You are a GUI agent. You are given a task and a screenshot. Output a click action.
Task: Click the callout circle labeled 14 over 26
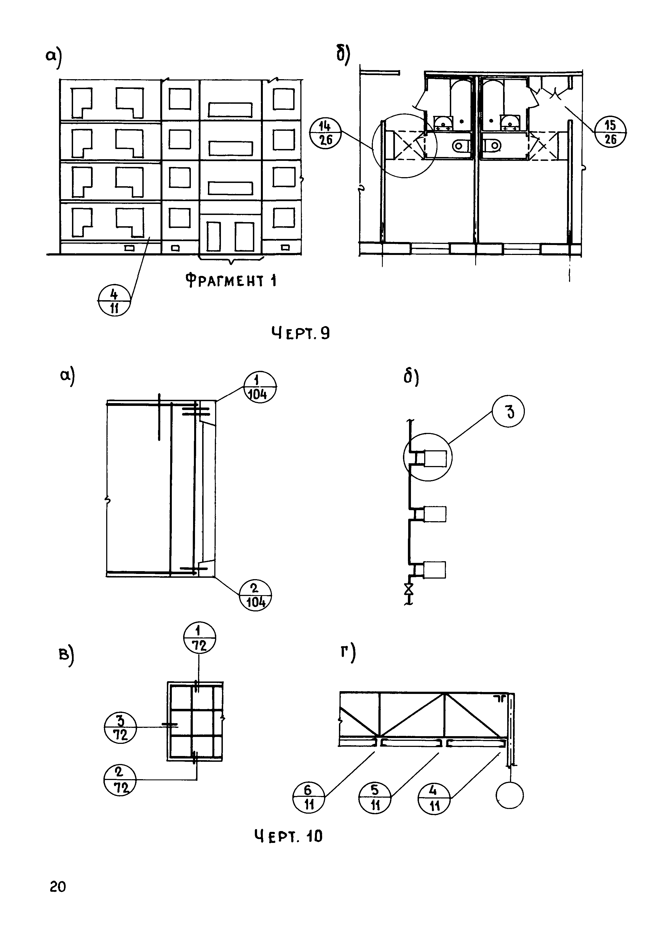(x=326, y=133)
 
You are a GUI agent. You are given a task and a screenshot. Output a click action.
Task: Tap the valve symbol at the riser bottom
(x=408, y=589)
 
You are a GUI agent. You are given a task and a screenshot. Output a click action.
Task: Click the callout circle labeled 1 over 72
(x=199, y=638)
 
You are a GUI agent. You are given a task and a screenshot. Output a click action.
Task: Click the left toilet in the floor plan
(x=462, y=145)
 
